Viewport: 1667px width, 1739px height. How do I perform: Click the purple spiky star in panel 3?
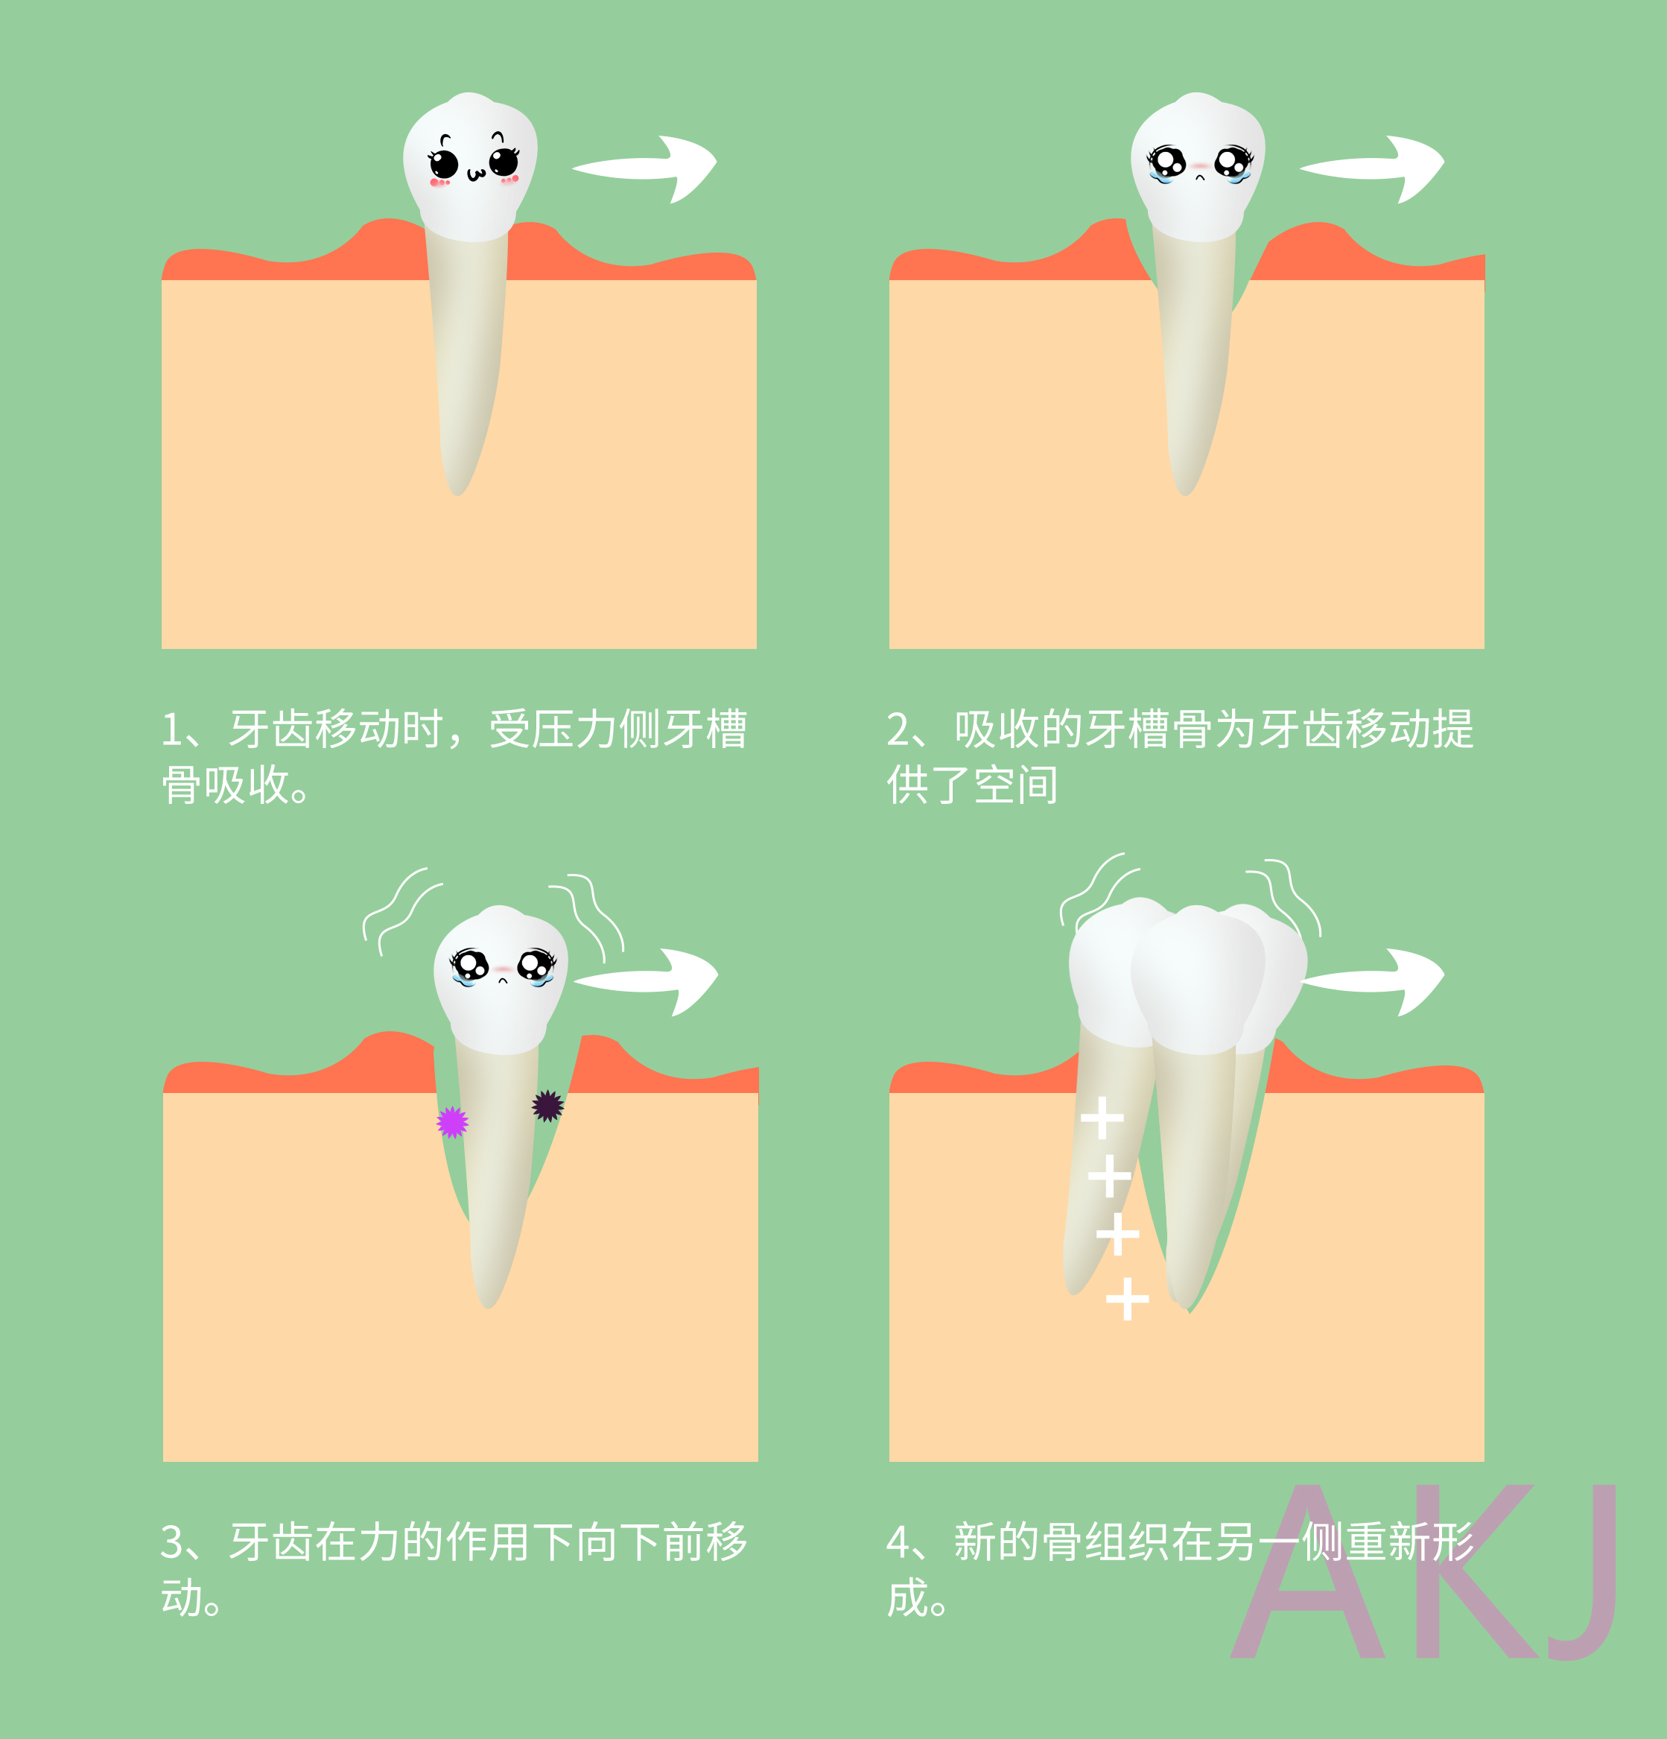452,1122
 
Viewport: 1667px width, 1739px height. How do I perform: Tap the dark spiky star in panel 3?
547,1106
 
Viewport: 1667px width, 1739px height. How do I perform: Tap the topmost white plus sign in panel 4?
1102,1117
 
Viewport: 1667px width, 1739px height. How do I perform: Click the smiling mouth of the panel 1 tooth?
475,174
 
